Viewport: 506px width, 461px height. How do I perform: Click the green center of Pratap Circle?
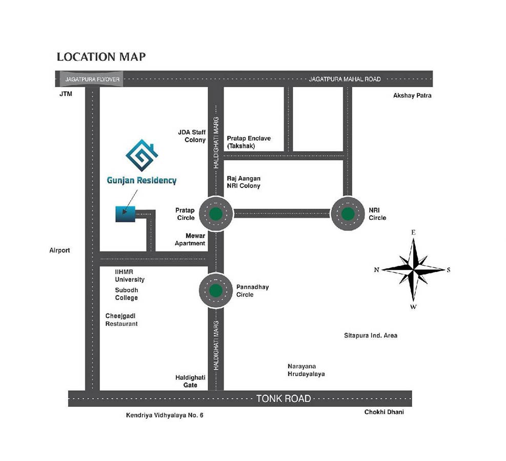pos(216,214)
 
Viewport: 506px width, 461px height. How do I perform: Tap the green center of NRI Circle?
pos(348,214)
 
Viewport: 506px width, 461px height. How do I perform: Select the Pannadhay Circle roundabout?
pos(216,290)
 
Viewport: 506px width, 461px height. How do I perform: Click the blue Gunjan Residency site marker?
pos(125,214)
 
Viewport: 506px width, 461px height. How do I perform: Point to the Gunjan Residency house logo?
pos(141,155)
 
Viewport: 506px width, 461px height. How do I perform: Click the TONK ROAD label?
pos(284,398)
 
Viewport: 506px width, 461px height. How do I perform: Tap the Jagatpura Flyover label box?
pos(92,79)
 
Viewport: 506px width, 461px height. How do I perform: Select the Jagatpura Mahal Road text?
pos(345,79)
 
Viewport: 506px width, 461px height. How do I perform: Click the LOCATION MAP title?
pos(101,56)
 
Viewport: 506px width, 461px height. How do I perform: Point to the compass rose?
pos(413,269)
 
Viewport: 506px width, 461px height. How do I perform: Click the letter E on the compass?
pos(413,233)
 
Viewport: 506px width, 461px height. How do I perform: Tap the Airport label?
pos(59,250)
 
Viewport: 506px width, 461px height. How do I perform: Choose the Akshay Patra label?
pos(412,95)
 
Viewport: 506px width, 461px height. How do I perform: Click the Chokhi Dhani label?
pos(384,412)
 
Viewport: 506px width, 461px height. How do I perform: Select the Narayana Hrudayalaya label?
pos(306,370)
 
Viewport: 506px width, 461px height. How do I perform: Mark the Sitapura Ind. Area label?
pos(371,336)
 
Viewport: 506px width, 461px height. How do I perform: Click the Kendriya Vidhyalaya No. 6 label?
pos(165,415)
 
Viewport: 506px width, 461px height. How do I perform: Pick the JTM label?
pos(65,95)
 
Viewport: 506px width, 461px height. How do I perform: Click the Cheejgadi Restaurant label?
pos(122,320)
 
